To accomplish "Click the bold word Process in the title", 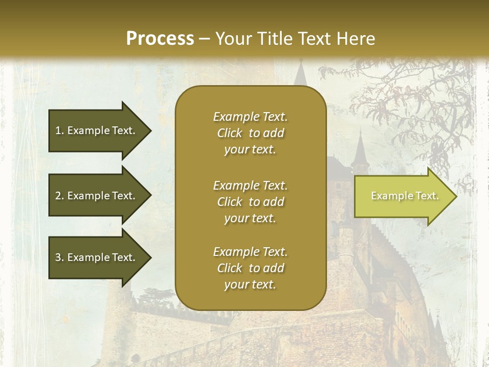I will (x=160, y=39).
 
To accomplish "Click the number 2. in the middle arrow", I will (x=60, y=196).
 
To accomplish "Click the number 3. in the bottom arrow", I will (x=60, y=257).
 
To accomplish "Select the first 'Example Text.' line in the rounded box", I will (x=250, y=117).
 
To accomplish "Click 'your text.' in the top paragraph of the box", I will (x=250, y=150).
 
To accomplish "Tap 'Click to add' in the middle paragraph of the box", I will (x=250, y=202).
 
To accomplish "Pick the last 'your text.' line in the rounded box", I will (x=250, y=285).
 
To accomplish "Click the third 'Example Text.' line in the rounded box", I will (x=250, y=252).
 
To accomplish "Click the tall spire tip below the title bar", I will (x=301, y=66).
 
